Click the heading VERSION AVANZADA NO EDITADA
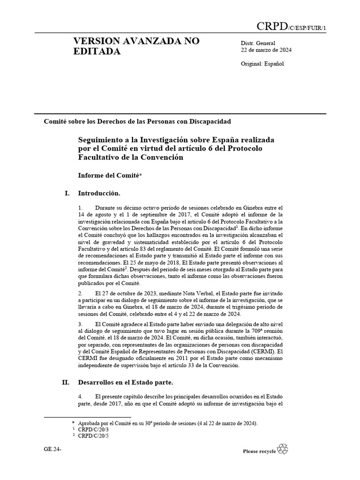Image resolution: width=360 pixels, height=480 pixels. pyautogui.click(x=136, y=46)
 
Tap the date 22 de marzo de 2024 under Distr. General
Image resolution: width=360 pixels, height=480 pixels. pyautogui.click(x=267, y=51)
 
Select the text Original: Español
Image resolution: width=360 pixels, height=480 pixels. pyautogui.click(x=262, y=64)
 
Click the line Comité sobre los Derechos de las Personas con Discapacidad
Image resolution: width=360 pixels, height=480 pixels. pyautogui.click(x=137, y=121)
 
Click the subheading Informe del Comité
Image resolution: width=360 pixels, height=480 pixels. pyautogui.click(x=111, y=175)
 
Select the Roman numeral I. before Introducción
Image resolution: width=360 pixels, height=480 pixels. pyautogui.click(x=67, y=193)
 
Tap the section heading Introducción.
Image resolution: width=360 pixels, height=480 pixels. pyautogui.click(x=99, y=193)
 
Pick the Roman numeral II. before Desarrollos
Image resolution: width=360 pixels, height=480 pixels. pyautogui.click(x=66, y=382)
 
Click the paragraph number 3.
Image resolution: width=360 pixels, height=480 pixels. pyautogui.click(x=81, y=324)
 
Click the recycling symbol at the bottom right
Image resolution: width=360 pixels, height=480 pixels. pyautogui.click(x=283, y=449)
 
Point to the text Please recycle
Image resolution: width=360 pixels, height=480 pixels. pyautogui.click(x=259, y=451)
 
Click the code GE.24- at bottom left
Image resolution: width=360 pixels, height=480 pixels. pyautogui.click(x=52, y=449)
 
